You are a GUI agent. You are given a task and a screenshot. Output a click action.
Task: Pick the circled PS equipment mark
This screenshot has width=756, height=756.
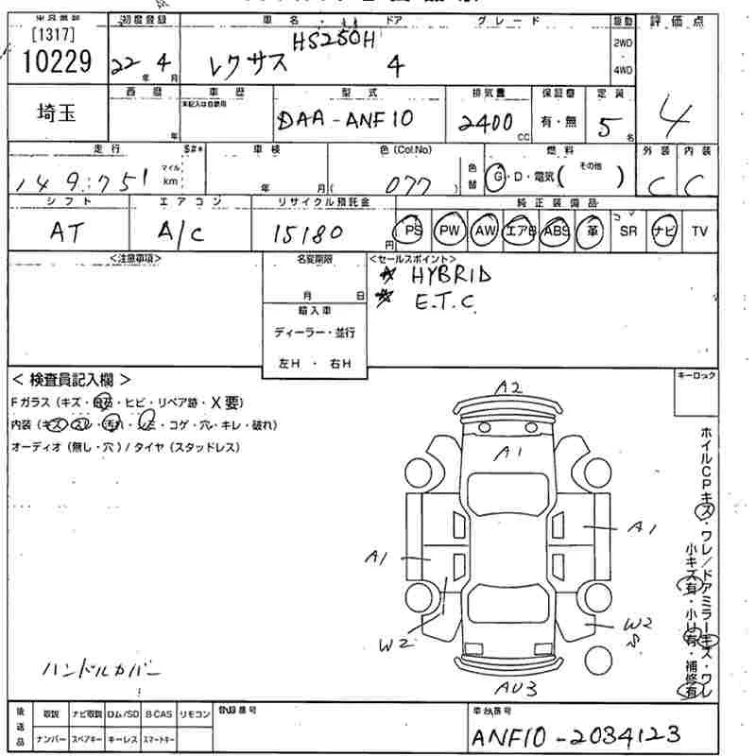click(412, 231)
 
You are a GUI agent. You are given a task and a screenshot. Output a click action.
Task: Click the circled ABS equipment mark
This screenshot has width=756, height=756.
click(555, 231)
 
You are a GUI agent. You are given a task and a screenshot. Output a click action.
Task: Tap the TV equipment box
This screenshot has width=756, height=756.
click(699, 232)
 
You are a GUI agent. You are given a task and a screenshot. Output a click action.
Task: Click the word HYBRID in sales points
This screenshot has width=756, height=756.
click(451, 275)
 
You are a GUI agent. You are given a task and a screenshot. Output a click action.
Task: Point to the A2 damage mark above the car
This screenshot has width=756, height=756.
click(511, 387)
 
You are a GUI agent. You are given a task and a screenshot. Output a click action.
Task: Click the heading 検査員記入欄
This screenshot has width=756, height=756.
click(71, 380)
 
